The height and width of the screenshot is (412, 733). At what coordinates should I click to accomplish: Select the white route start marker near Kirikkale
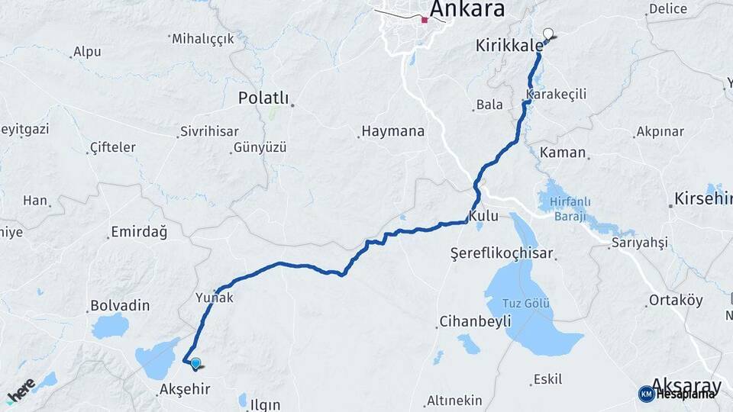(x=547, y=33)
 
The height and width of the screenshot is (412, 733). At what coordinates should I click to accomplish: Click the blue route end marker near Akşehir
(x=196, y=364)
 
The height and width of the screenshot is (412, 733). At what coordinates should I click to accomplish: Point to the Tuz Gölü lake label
(x=526, y=304)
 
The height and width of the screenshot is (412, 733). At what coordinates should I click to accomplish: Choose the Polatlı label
(x=263, y=98)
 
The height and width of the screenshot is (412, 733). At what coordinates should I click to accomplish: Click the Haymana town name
(x=392, y=131)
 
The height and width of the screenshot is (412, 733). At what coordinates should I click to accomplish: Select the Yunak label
(x=215, y=298)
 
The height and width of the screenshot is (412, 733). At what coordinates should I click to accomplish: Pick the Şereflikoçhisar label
(x=512, y=253)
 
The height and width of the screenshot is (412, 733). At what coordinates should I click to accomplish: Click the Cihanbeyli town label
(x=475, y=322)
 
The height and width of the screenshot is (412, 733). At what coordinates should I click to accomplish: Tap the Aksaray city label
(x=683, y=386)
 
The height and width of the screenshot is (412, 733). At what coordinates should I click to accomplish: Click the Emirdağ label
(x=138, y=231)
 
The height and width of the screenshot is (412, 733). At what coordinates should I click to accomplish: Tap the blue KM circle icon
(x=646, y=394)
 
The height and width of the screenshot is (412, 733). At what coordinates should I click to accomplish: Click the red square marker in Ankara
(x=425, y=21)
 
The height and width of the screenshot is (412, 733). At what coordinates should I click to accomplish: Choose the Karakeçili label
(x=556, y=93)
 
